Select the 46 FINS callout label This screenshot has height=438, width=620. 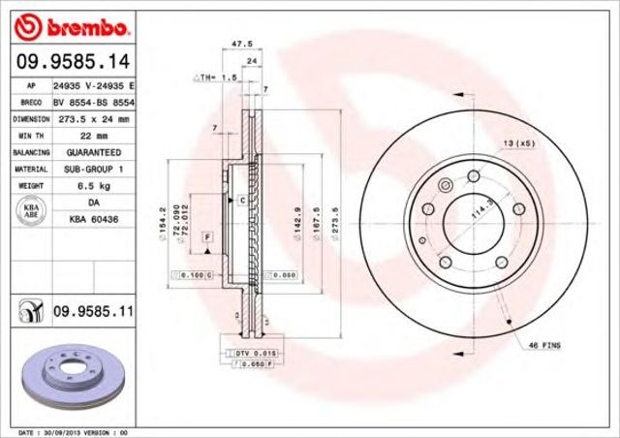coord(544,344)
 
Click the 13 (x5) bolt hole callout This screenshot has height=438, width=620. coord(518,144)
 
